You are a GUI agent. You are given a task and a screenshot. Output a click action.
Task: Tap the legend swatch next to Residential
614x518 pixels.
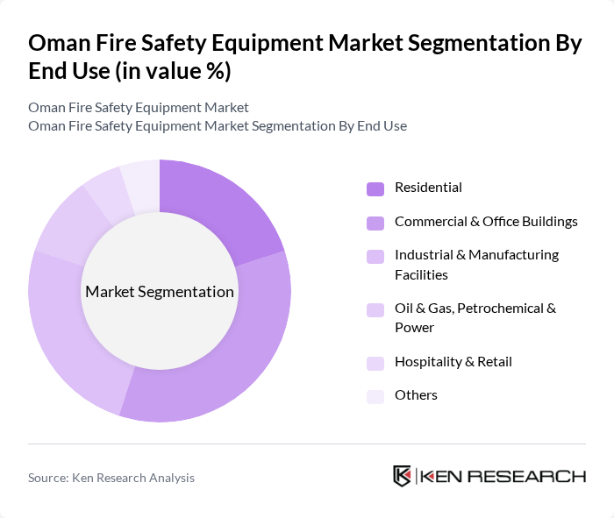coord(375,188)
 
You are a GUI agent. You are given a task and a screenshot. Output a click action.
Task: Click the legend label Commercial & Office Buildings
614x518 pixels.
coord(486,222)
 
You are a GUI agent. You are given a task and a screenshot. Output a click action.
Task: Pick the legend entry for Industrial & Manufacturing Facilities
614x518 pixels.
coord(476,265)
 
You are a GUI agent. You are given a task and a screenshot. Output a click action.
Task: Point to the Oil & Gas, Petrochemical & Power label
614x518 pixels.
coord(475,318)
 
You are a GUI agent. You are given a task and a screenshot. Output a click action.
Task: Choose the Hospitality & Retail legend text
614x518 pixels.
coord(453,362)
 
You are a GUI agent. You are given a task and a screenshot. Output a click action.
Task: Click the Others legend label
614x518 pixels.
coord(416,395)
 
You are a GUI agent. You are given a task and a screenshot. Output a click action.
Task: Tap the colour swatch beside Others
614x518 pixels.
coord(375,396)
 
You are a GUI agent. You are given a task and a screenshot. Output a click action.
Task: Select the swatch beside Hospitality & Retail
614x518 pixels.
coord(375,363)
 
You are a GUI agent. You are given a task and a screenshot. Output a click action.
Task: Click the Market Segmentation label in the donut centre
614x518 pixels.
coord(160,292)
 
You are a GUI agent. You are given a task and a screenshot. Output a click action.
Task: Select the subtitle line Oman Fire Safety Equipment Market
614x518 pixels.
coord(139,107)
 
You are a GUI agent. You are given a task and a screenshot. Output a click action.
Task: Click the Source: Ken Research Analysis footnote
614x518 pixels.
coord(111,478)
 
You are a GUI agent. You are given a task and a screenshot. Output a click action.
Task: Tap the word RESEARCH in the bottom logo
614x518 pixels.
coord(535,477)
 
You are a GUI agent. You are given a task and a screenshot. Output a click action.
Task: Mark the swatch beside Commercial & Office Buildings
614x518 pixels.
coord(375,223)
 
